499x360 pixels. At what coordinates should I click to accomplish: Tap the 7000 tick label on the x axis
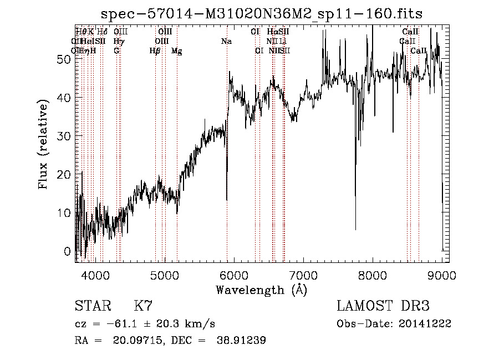303,273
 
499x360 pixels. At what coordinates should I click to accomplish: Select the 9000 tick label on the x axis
441,273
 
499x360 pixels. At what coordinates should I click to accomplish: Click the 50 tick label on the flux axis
64,59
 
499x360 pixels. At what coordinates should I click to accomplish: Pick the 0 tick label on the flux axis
68,251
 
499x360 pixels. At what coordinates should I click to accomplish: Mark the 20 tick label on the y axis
64,175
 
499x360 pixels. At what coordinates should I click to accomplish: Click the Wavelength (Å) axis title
261,290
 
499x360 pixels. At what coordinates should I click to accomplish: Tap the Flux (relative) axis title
44,144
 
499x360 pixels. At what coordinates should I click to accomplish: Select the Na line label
226,41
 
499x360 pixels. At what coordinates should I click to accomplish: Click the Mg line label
176,51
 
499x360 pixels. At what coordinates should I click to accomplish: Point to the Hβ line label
155,51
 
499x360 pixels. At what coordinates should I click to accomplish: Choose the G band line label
116,51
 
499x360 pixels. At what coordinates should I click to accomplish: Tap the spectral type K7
143,306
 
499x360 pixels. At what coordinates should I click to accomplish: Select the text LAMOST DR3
383,306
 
